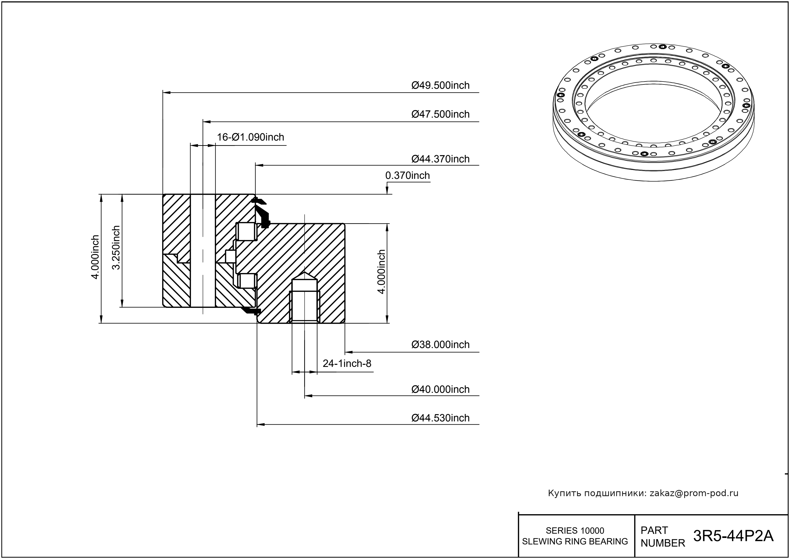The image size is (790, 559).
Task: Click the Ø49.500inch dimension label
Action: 440,85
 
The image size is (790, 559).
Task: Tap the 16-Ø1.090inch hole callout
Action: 250,137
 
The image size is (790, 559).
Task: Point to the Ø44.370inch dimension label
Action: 440,159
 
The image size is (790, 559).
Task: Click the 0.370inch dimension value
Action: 407,176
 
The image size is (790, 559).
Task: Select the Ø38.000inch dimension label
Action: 440,345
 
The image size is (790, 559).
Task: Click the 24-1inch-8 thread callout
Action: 347,363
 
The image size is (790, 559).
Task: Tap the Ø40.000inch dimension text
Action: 440,389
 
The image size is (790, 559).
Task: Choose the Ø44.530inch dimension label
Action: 440,418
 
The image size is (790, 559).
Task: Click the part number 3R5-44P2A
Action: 733,536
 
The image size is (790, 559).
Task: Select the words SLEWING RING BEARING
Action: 575,541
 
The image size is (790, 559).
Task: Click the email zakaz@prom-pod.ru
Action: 694,493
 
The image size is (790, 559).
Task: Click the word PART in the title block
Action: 654,530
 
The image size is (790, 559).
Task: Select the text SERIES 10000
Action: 575,530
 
